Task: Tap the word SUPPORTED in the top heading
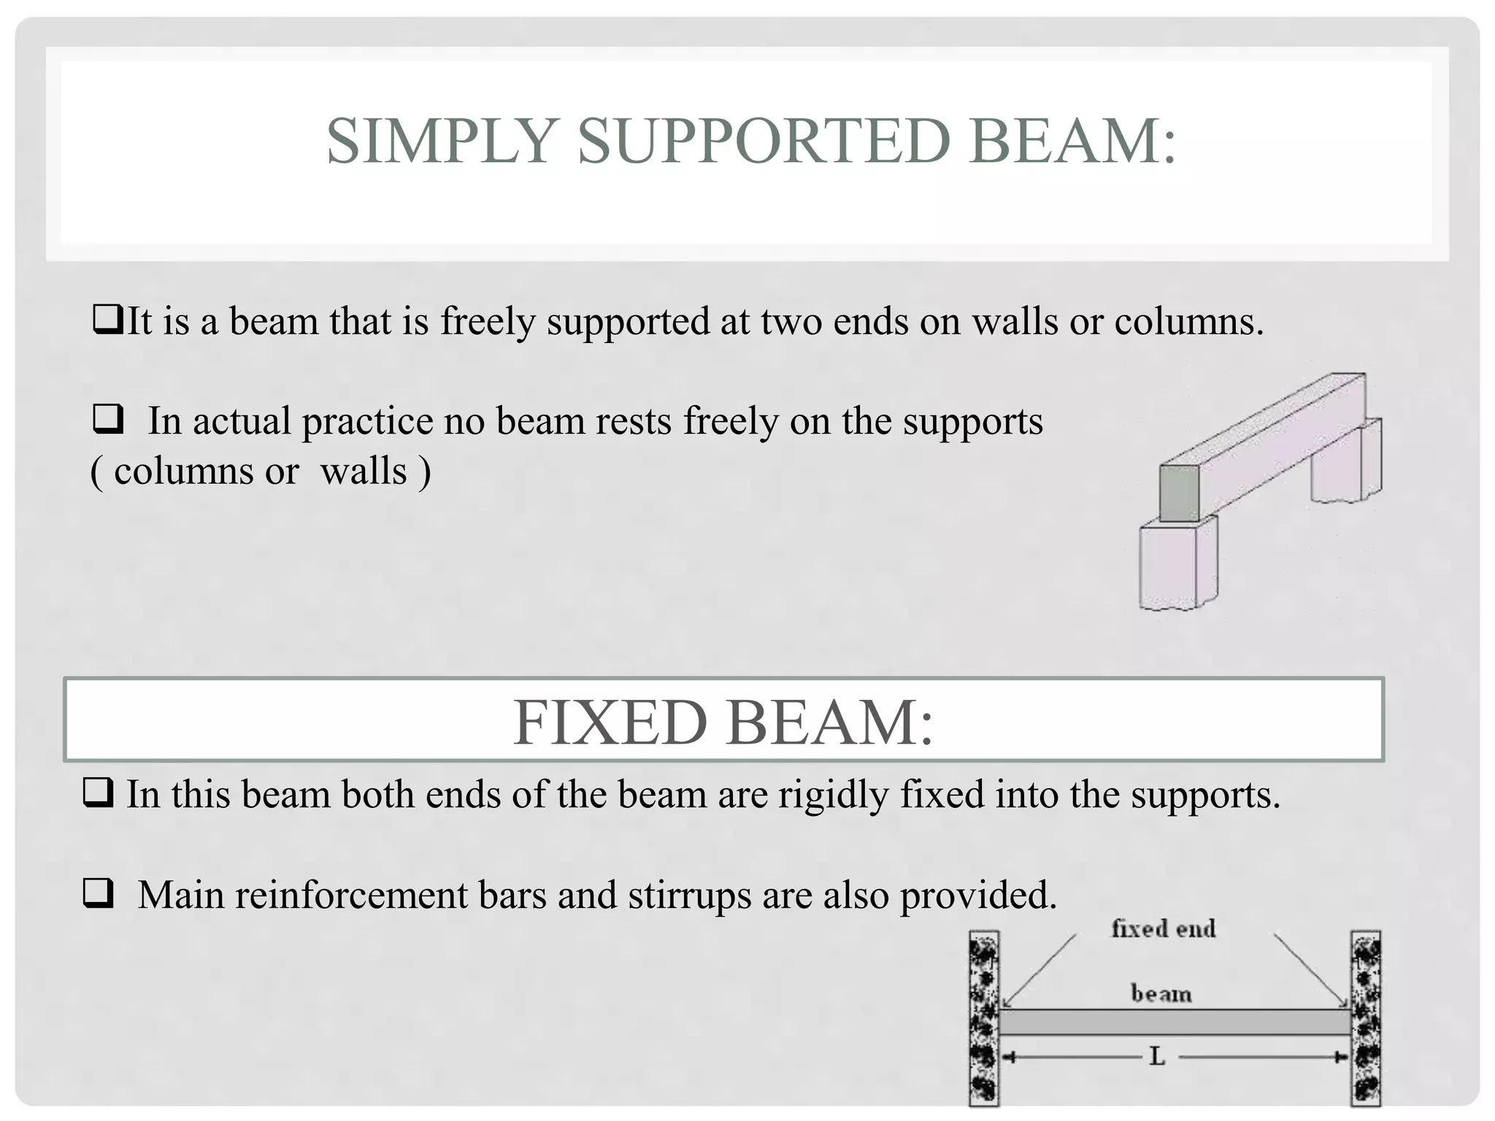[764, 141]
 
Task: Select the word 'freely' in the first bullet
[488, 322]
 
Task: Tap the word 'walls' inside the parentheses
[364, 471]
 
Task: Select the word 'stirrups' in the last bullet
[689, 895]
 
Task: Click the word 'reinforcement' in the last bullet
[351, 895]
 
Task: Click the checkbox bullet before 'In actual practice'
[107, 420]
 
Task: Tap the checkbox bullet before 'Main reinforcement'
[98, 893]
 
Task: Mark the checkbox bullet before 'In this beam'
[98, 793]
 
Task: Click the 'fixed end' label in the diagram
[1163, 929]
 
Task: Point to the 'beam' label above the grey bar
[1161, 994]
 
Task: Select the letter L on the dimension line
[1157, 1057]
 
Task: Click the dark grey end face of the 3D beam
[1179, 493]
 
